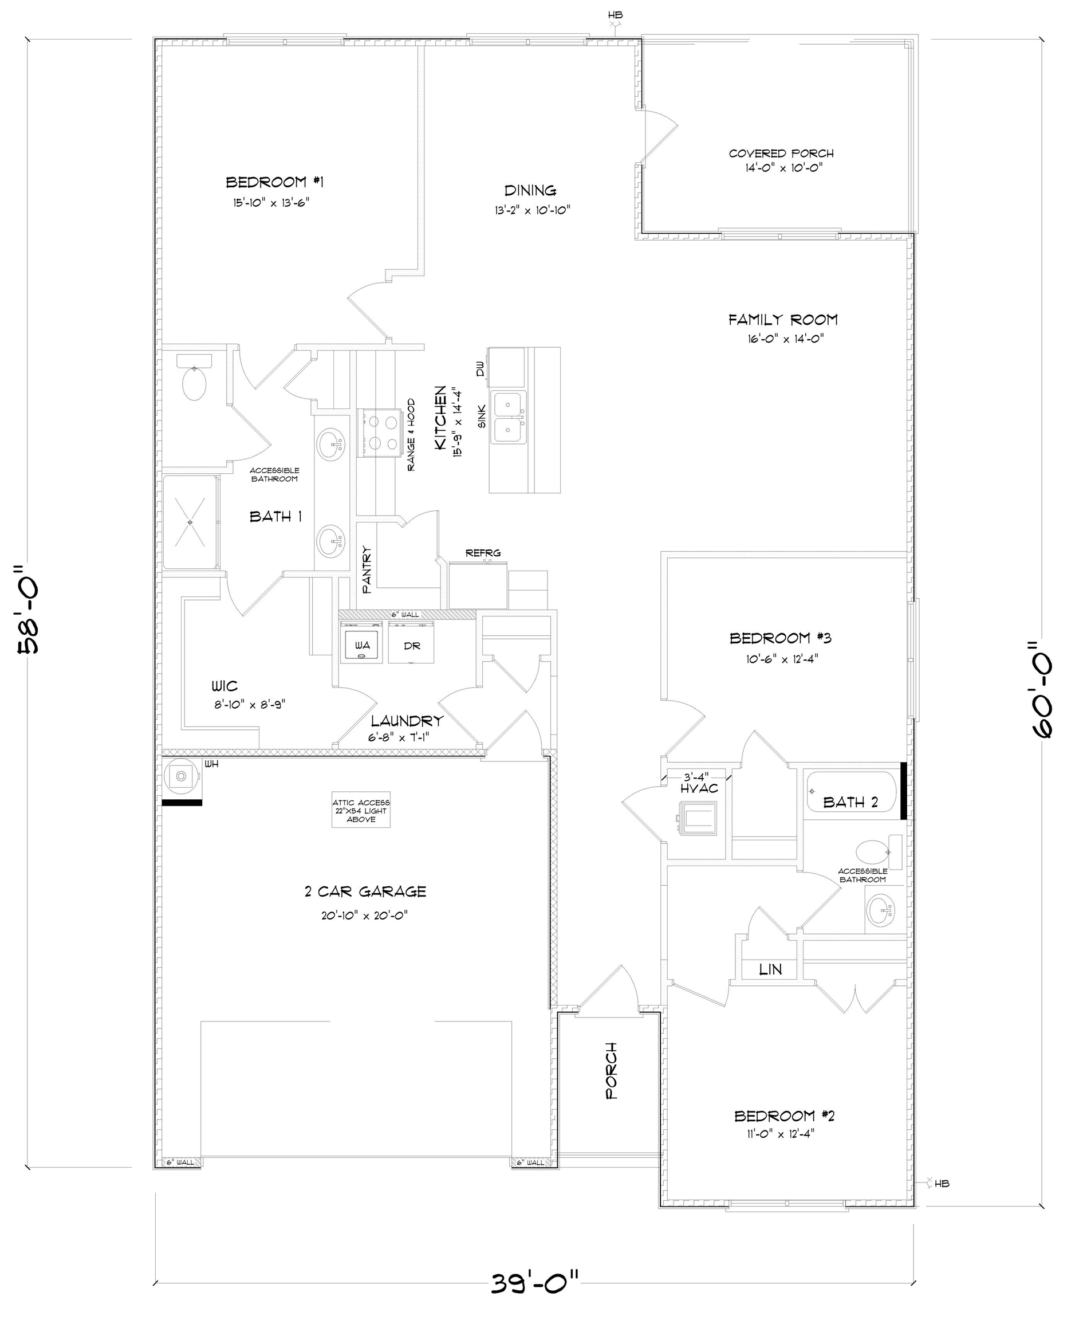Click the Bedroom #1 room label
[x=274, y=182]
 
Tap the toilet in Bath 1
[x=194, y=378]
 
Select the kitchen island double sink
[x=509, y=417]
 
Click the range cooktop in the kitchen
[x=377, y=433]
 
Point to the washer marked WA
[x=361, y=646]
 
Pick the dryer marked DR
[x=411, y=645]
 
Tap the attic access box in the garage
[x=361, y=810]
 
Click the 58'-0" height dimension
[x=29, y=609]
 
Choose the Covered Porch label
[x=781, y=154]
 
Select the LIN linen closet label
[x=770, y=969]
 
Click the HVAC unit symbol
[x=698, y=818]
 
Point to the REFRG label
[x=483, y=553]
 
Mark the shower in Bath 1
[x=191, y=522]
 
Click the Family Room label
[x=783, y=320]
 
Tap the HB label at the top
[x=615, y=15]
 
